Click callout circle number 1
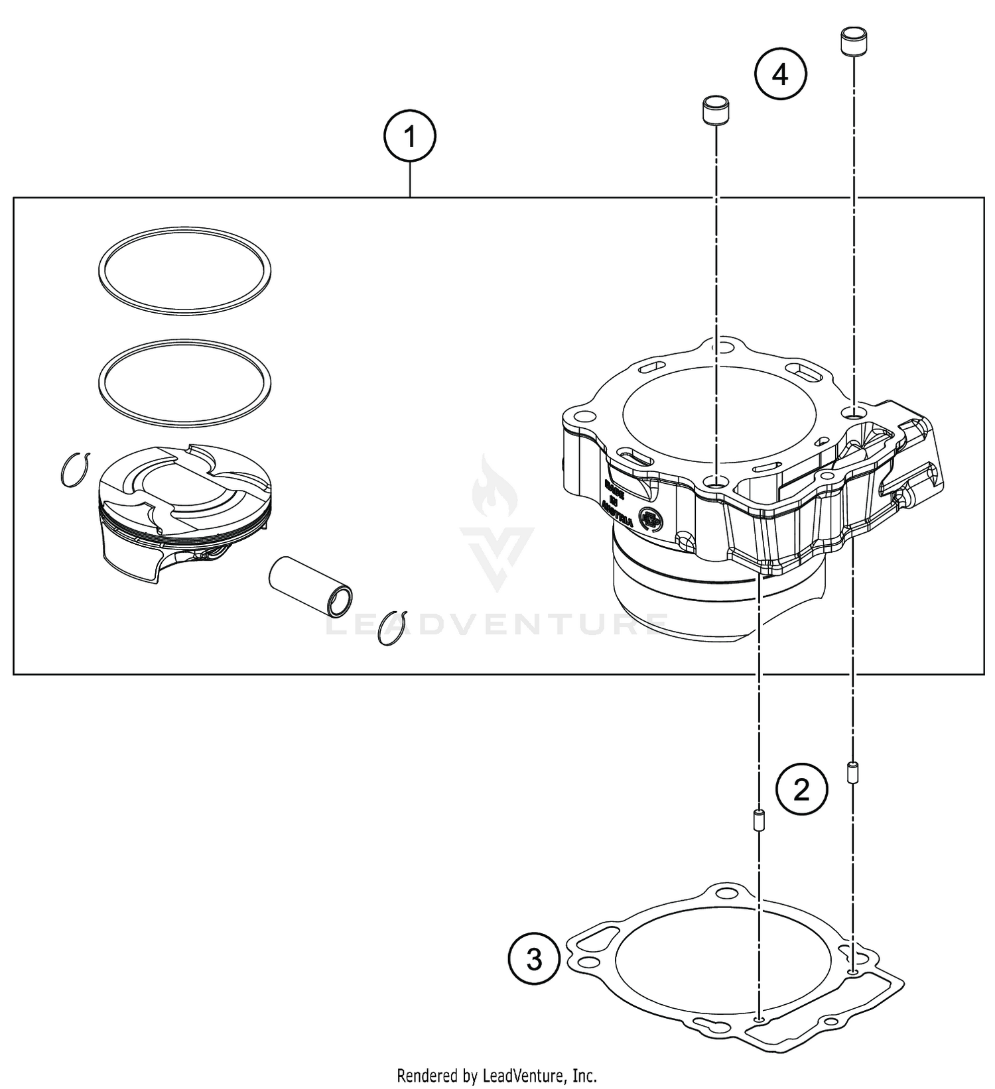(x=410, y=137)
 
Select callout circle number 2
(x=802, y=789)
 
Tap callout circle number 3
(x=534, y=959)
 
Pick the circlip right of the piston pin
(x=392, y=626)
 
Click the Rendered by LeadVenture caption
(x=497, y=1075)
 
